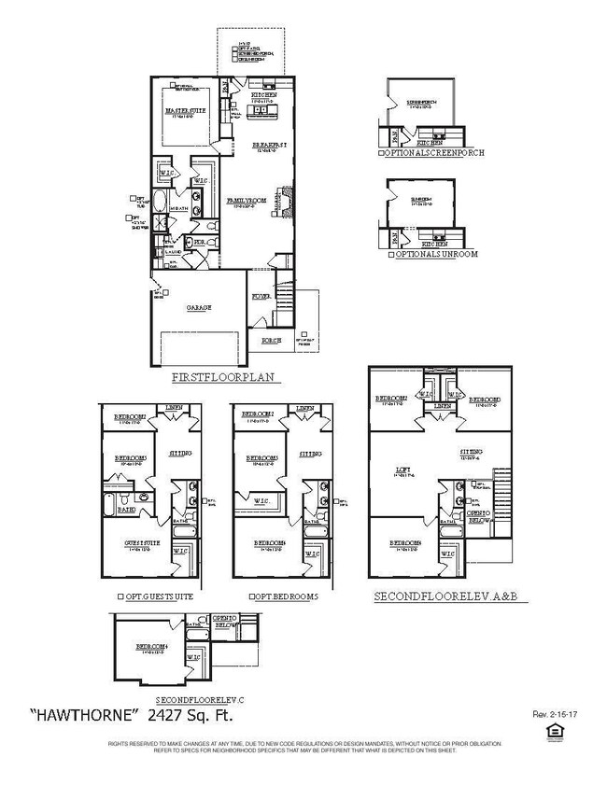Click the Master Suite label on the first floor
click(x=185, y=111)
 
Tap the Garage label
click(x=198, y=307)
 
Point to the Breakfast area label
click(x=269, y=147)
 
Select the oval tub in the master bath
click(x=159, y=203)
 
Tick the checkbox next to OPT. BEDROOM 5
click(x=252, y=596)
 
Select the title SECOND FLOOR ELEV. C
click(x=204, y=699)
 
